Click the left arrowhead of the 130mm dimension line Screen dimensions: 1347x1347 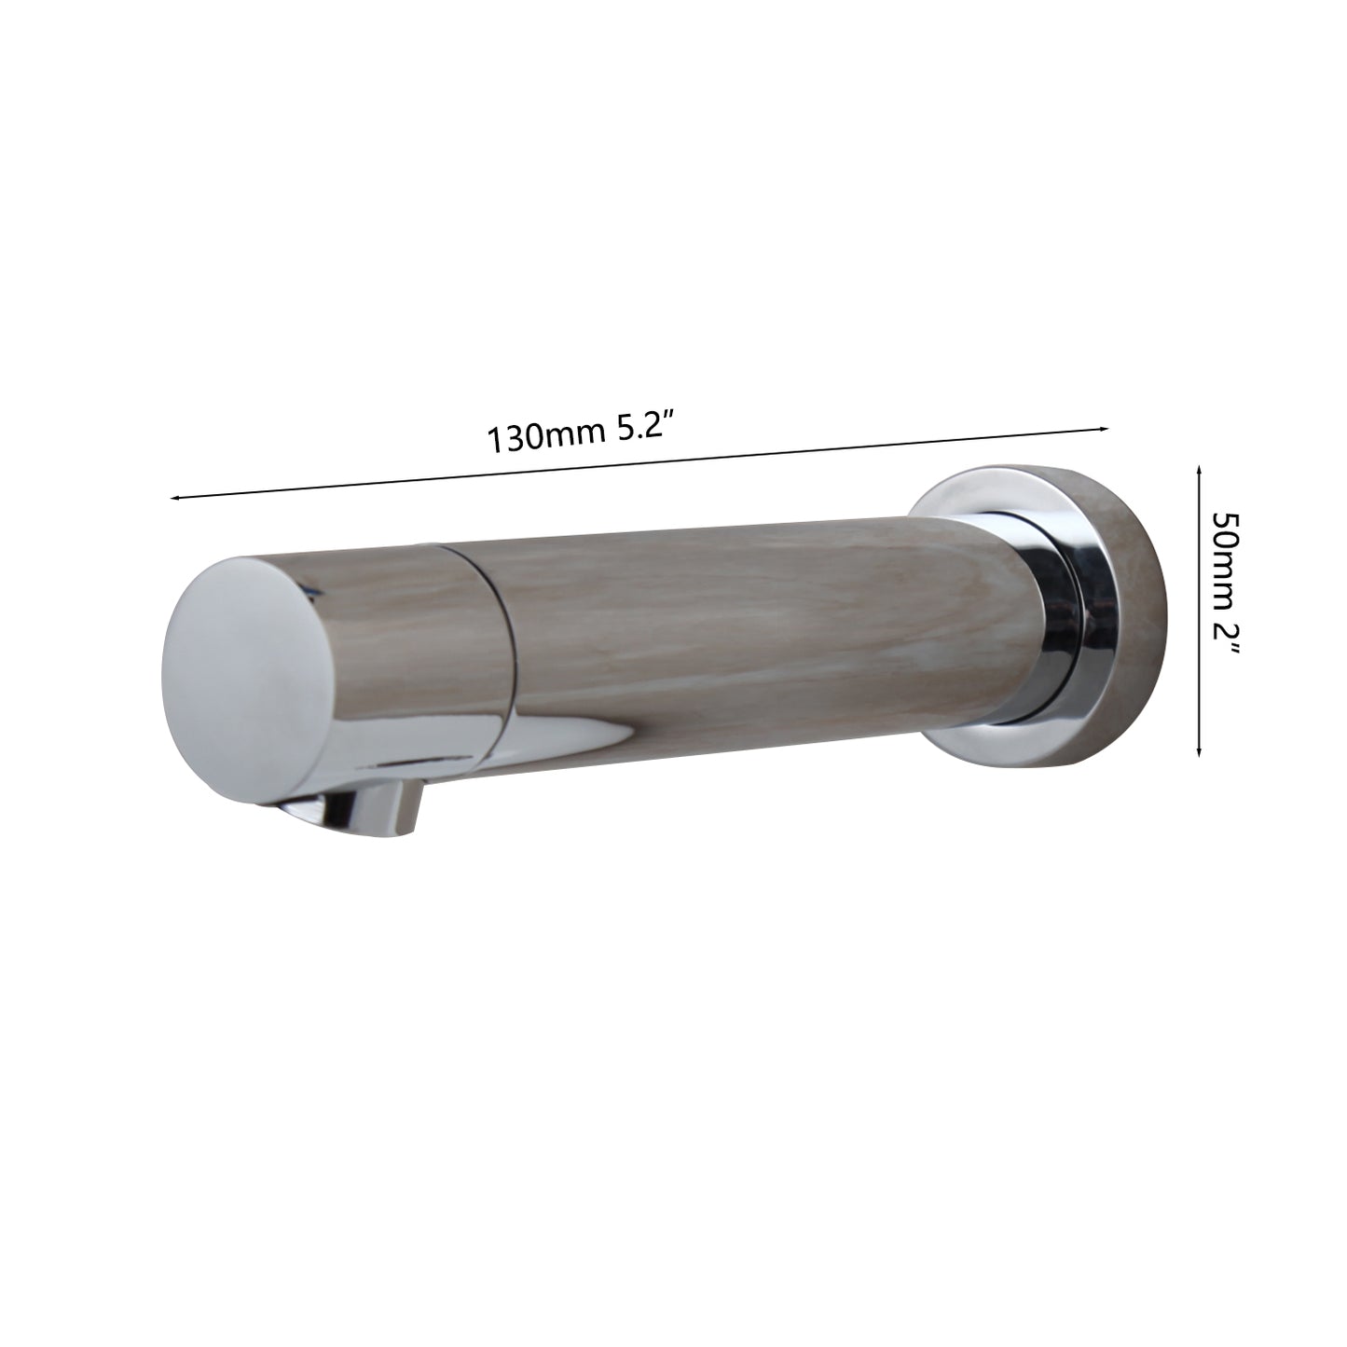pos(175,499)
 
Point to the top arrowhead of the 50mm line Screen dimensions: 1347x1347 pos(1199,472)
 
